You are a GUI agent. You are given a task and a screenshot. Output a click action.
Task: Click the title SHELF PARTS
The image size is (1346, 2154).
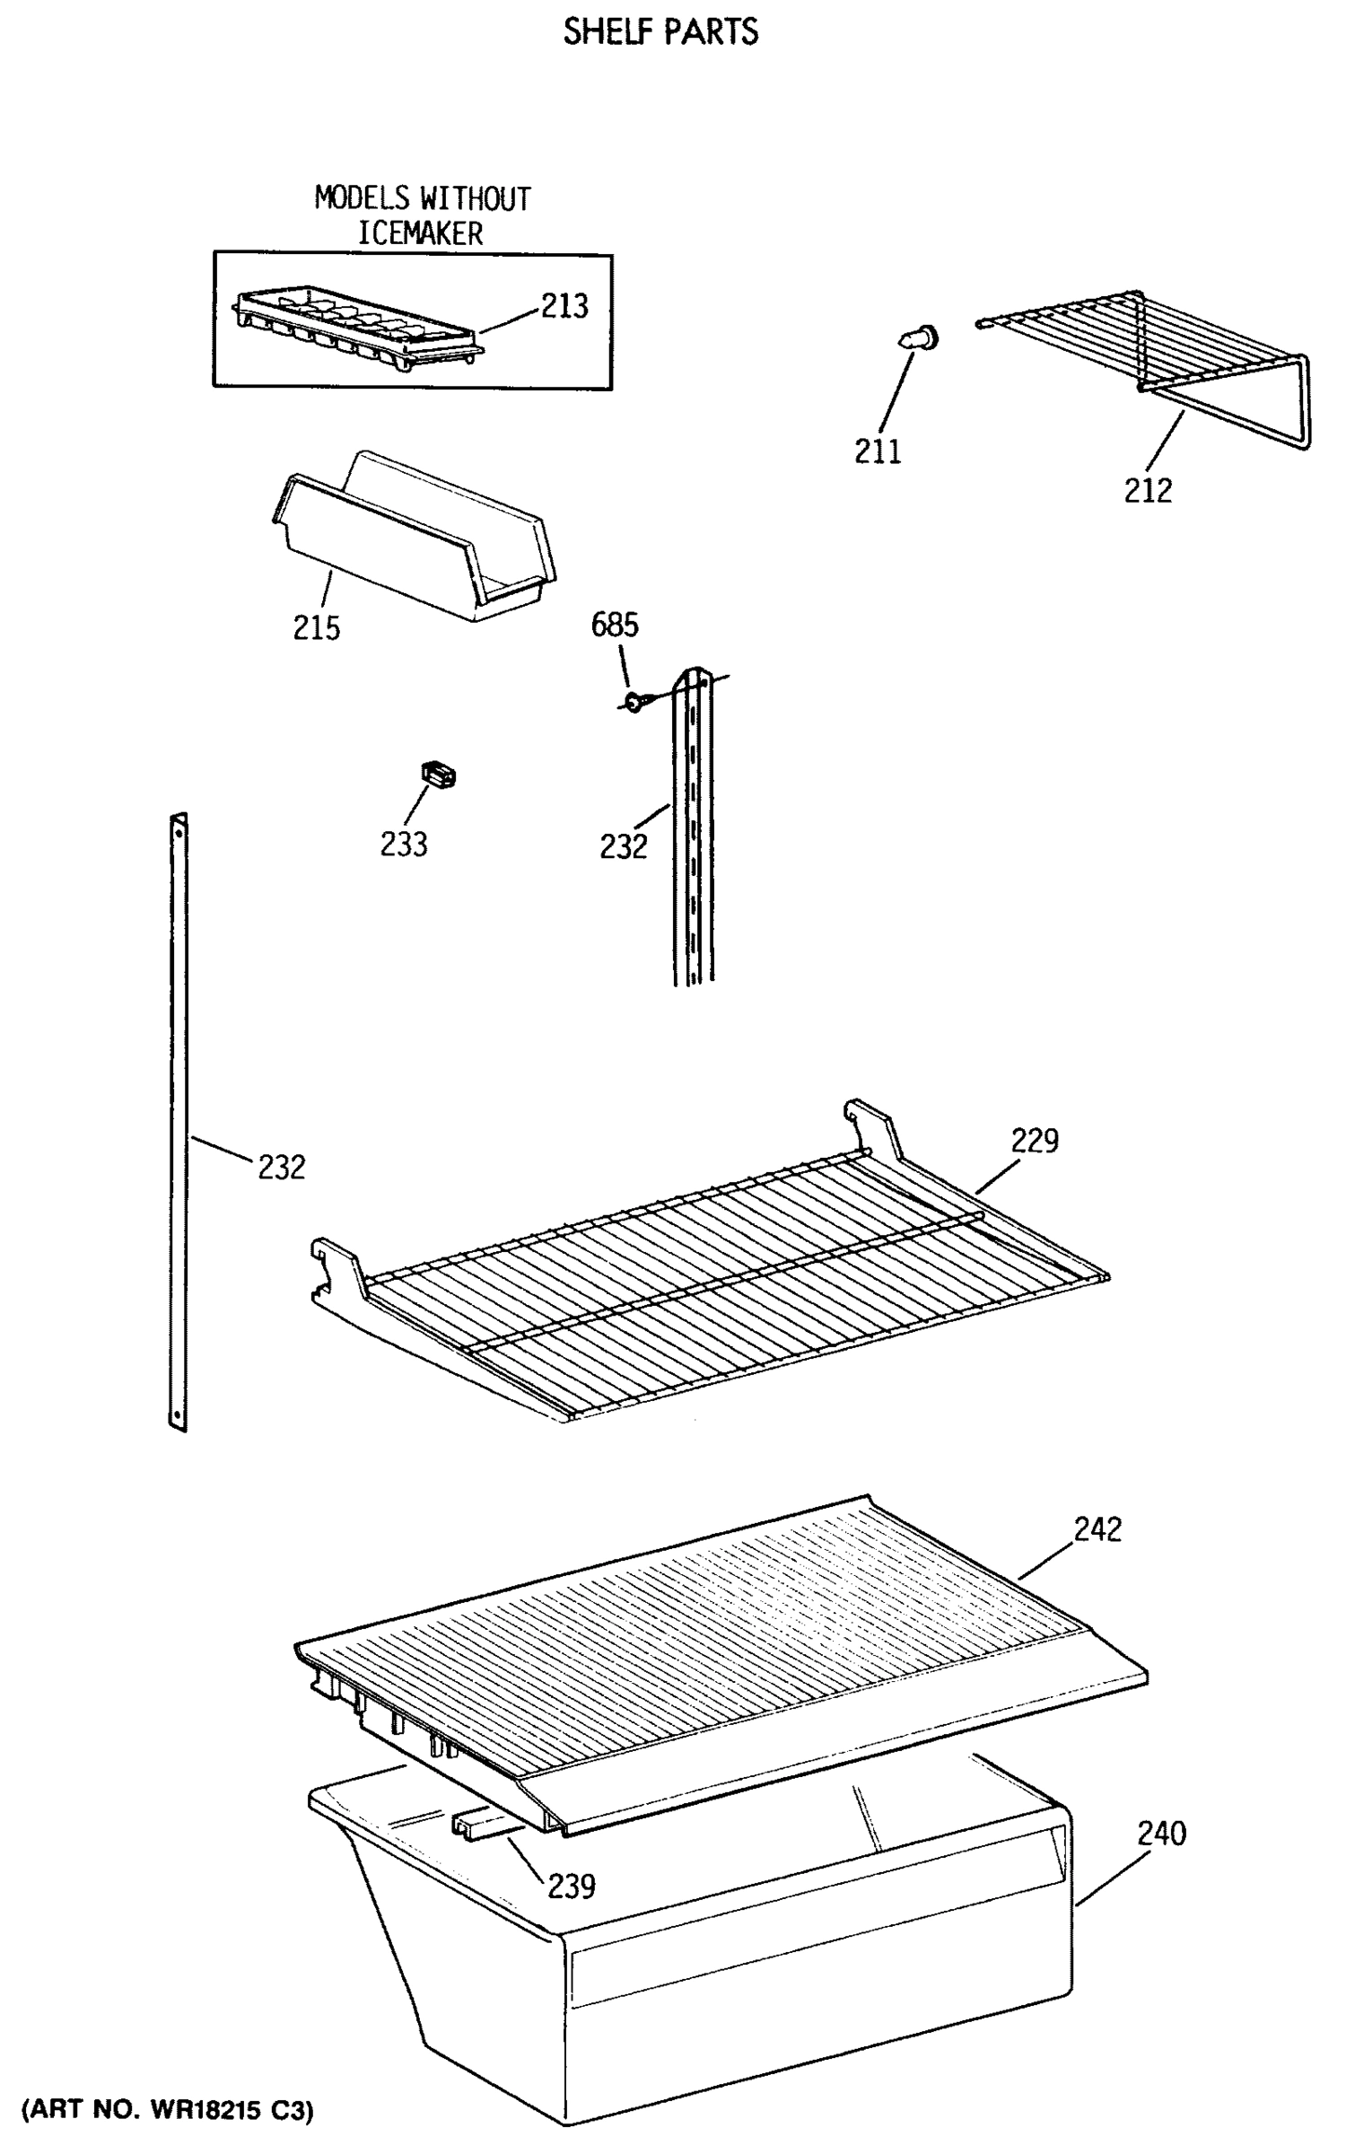(x=660, y=32)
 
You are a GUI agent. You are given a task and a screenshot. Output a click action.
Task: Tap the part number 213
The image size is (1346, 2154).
(x=564, y=306)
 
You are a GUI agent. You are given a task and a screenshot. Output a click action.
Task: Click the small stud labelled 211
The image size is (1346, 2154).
(x=919, y=339)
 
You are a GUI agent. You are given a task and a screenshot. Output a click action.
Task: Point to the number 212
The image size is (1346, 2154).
(x=1148, y=490)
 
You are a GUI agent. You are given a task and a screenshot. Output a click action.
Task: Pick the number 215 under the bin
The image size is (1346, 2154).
(x=317, y=627)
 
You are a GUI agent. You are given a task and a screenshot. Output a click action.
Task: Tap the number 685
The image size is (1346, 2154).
(x=615, y=625)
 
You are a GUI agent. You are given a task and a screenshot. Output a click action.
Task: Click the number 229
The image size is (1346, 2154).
(x=1035, y=1141)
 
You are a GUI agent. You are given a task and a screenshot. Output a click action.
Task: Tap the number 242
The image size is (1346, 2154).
(x=1097, y=1528)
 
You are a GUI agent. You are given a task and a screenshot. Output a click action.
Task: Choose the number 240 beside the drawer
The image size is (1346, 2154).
(x=1162, y=1833)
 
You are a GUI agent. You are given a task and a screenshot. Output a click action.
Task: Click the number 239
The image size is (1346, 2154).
(x=572, y=1887)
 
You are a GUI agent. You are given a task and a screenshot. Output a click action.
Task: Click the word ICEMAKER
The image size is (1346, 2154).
(x=420, y=234)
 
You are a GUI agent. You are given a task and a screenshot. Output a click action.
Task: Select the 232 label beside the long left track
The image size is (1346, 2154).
(x=282, y=1167)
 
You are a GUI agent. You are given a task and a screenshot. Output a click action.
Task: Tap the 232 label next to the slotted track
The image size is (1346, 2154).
(x=623, y=845)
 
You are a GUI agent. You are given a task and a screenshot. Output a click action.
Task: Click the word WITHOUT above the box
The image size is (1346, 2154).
(x=476, y=198)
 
